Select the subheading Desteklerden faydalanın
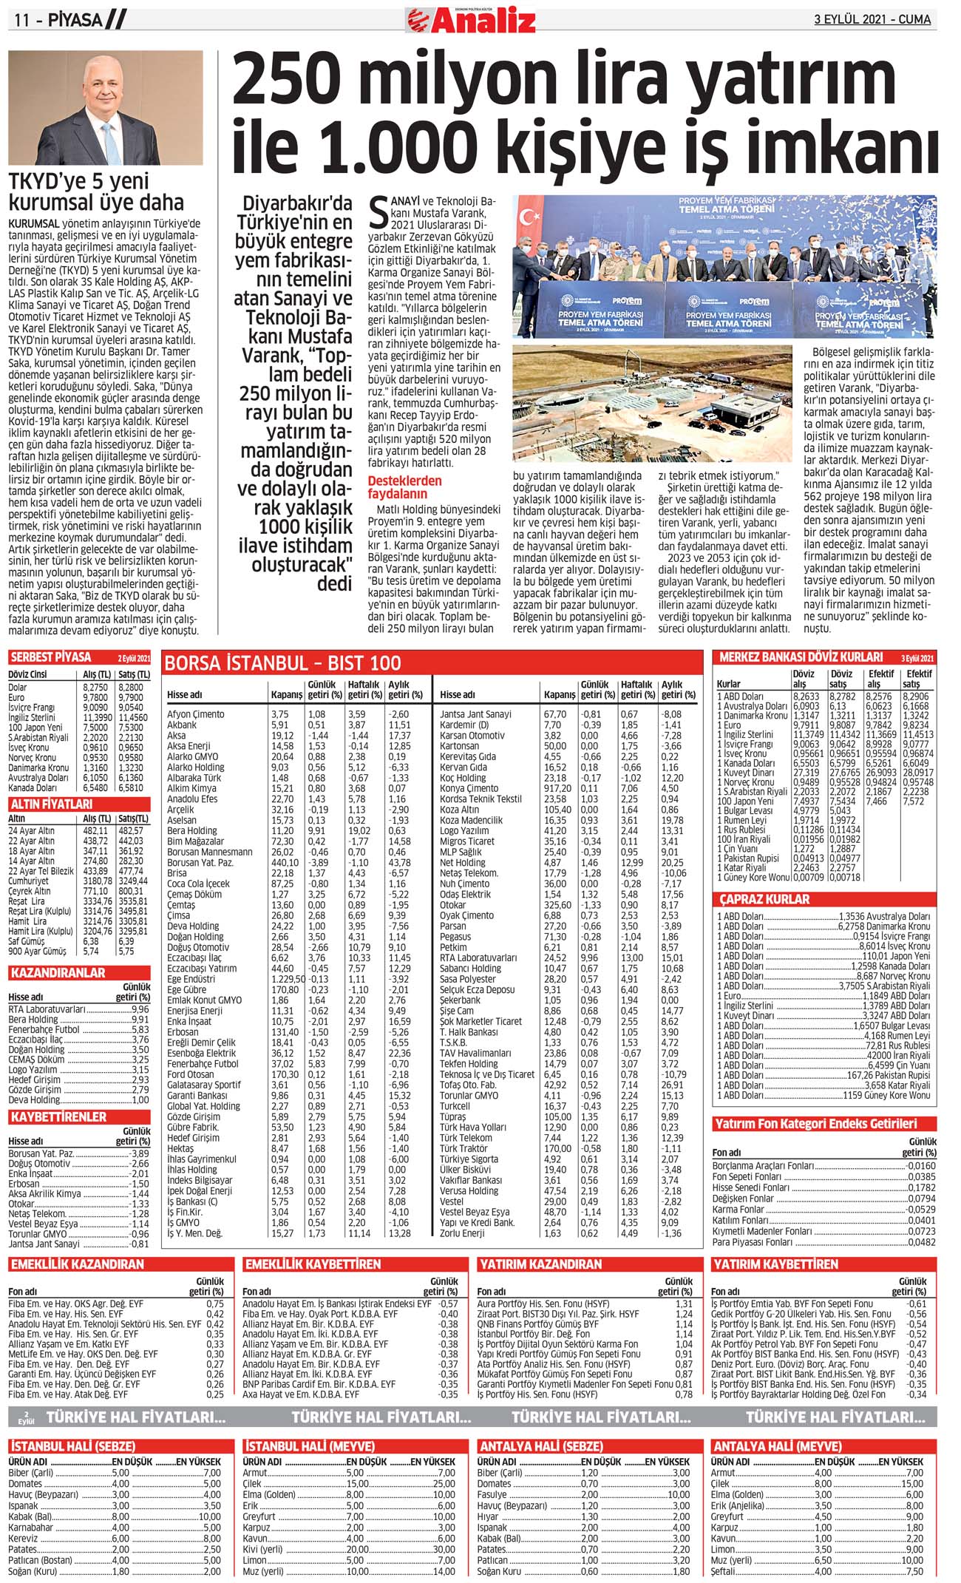[404, 487]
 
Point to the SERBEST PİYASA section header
[51, 657]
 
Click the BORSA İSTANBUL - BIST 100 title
[282, 662]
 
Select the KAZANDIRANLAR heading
[58, 973]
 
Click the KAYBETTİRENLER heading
[58, 1116]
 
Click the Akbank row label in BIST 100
[182, 725]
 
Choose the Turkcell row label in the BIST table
[455, 1106]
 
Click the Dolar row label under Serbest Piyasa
[18, 687]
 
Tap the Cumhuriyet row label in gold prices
[29, 881]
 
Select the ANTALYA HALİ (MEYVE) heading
[777, 1446]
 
